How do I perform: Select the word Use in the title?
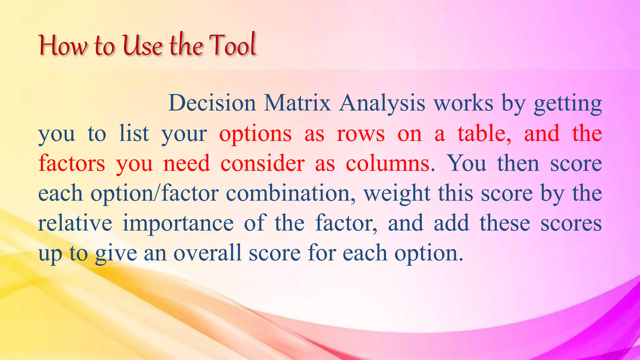(142, 46)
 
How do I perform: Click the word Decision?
(212, 103)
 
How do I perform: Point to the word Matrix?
(297, 103)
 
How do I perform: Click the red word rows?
(361, 134)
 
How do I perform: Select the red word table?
(484, 133)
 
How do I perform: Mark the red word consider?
(262, 163)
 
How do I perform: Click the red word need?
(187, 163)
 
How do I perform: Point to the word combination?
(290, 193)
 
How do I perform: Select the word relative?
(75, 223)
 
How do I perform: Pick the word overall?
(207, 253)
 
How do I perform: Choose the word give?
(116, 253)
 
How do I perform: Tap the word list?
(134, 133)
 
